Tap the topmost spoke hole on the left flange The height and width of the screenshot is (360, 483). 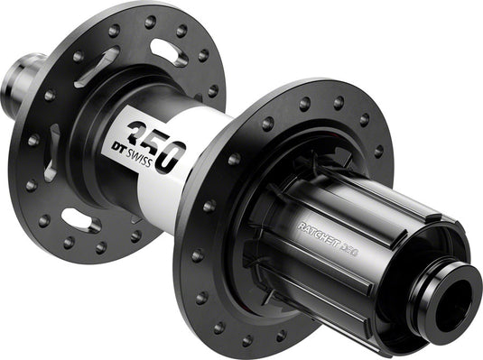click(150, 21)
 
